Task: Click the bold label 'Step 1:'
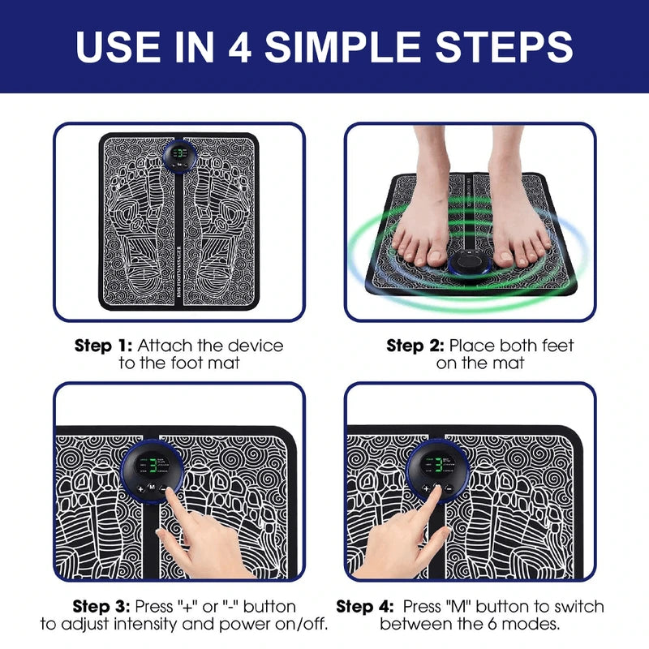[x=103, y=346]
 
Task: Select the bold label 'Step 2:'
[x=416, y=346]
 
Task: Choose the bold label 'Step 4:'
[x=365, y=607]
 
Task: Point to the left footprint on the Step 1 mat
[x=142, y=223]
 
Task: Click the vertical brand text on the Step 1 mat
[x=178, y=268]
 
